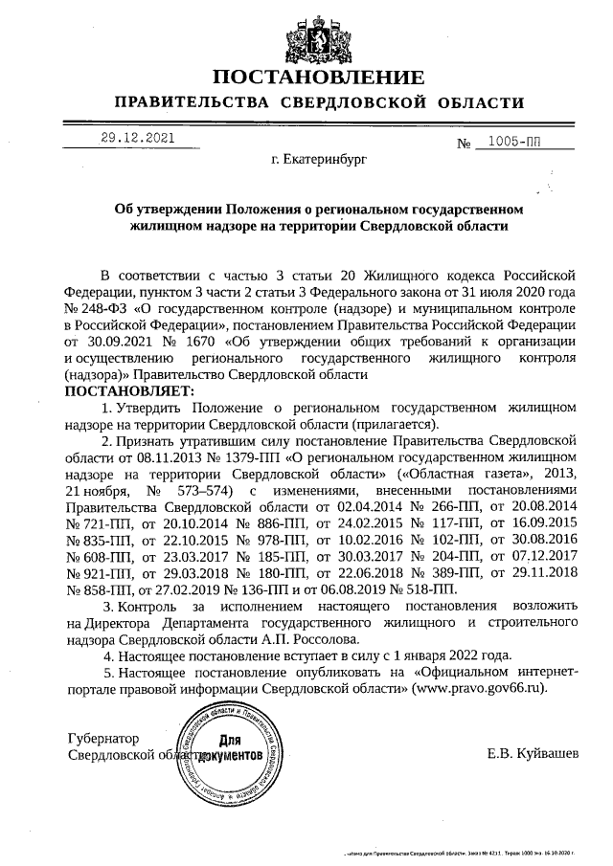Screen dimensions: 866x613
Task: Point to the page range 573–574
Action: pyautogui.click(x=218, y=490)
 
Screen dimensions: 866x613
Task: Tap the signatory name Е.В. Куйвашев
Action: pyautogui.click(x=533, y=755)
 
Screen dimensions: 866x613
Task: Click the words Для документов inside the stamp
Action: pyautogui.click(x=231, y=747)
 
